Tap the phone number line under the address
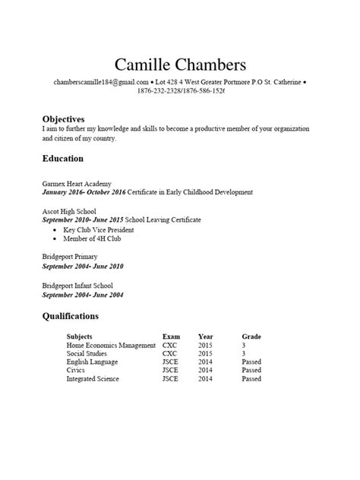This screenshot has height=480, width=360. pos(181,91)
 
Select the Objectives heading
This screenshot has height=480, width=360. pos(63,119)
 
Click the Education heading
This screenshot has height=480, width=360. pos(63,159)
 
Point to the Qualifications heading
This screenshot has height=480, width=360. pos(71,315)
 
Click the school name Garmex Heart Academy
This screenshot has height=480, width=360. pos(77,184)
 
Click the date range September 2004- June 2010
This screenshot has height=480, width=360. pos(83,267)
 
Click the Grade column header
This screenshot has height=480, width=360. pos(251,335)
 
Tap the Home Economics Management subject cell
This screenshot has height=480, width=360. pos(111,345)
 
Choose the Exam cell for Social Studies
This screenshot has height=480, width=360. pos(169,353)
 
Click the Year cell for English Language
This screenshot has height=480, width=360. pos(206,362)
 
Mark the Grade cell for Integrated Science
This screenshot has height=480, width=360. pos(251,378)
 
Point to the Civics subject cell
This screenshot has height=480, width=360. pos(77,370)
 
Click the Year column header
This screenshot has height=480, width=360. pos(206,335)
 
